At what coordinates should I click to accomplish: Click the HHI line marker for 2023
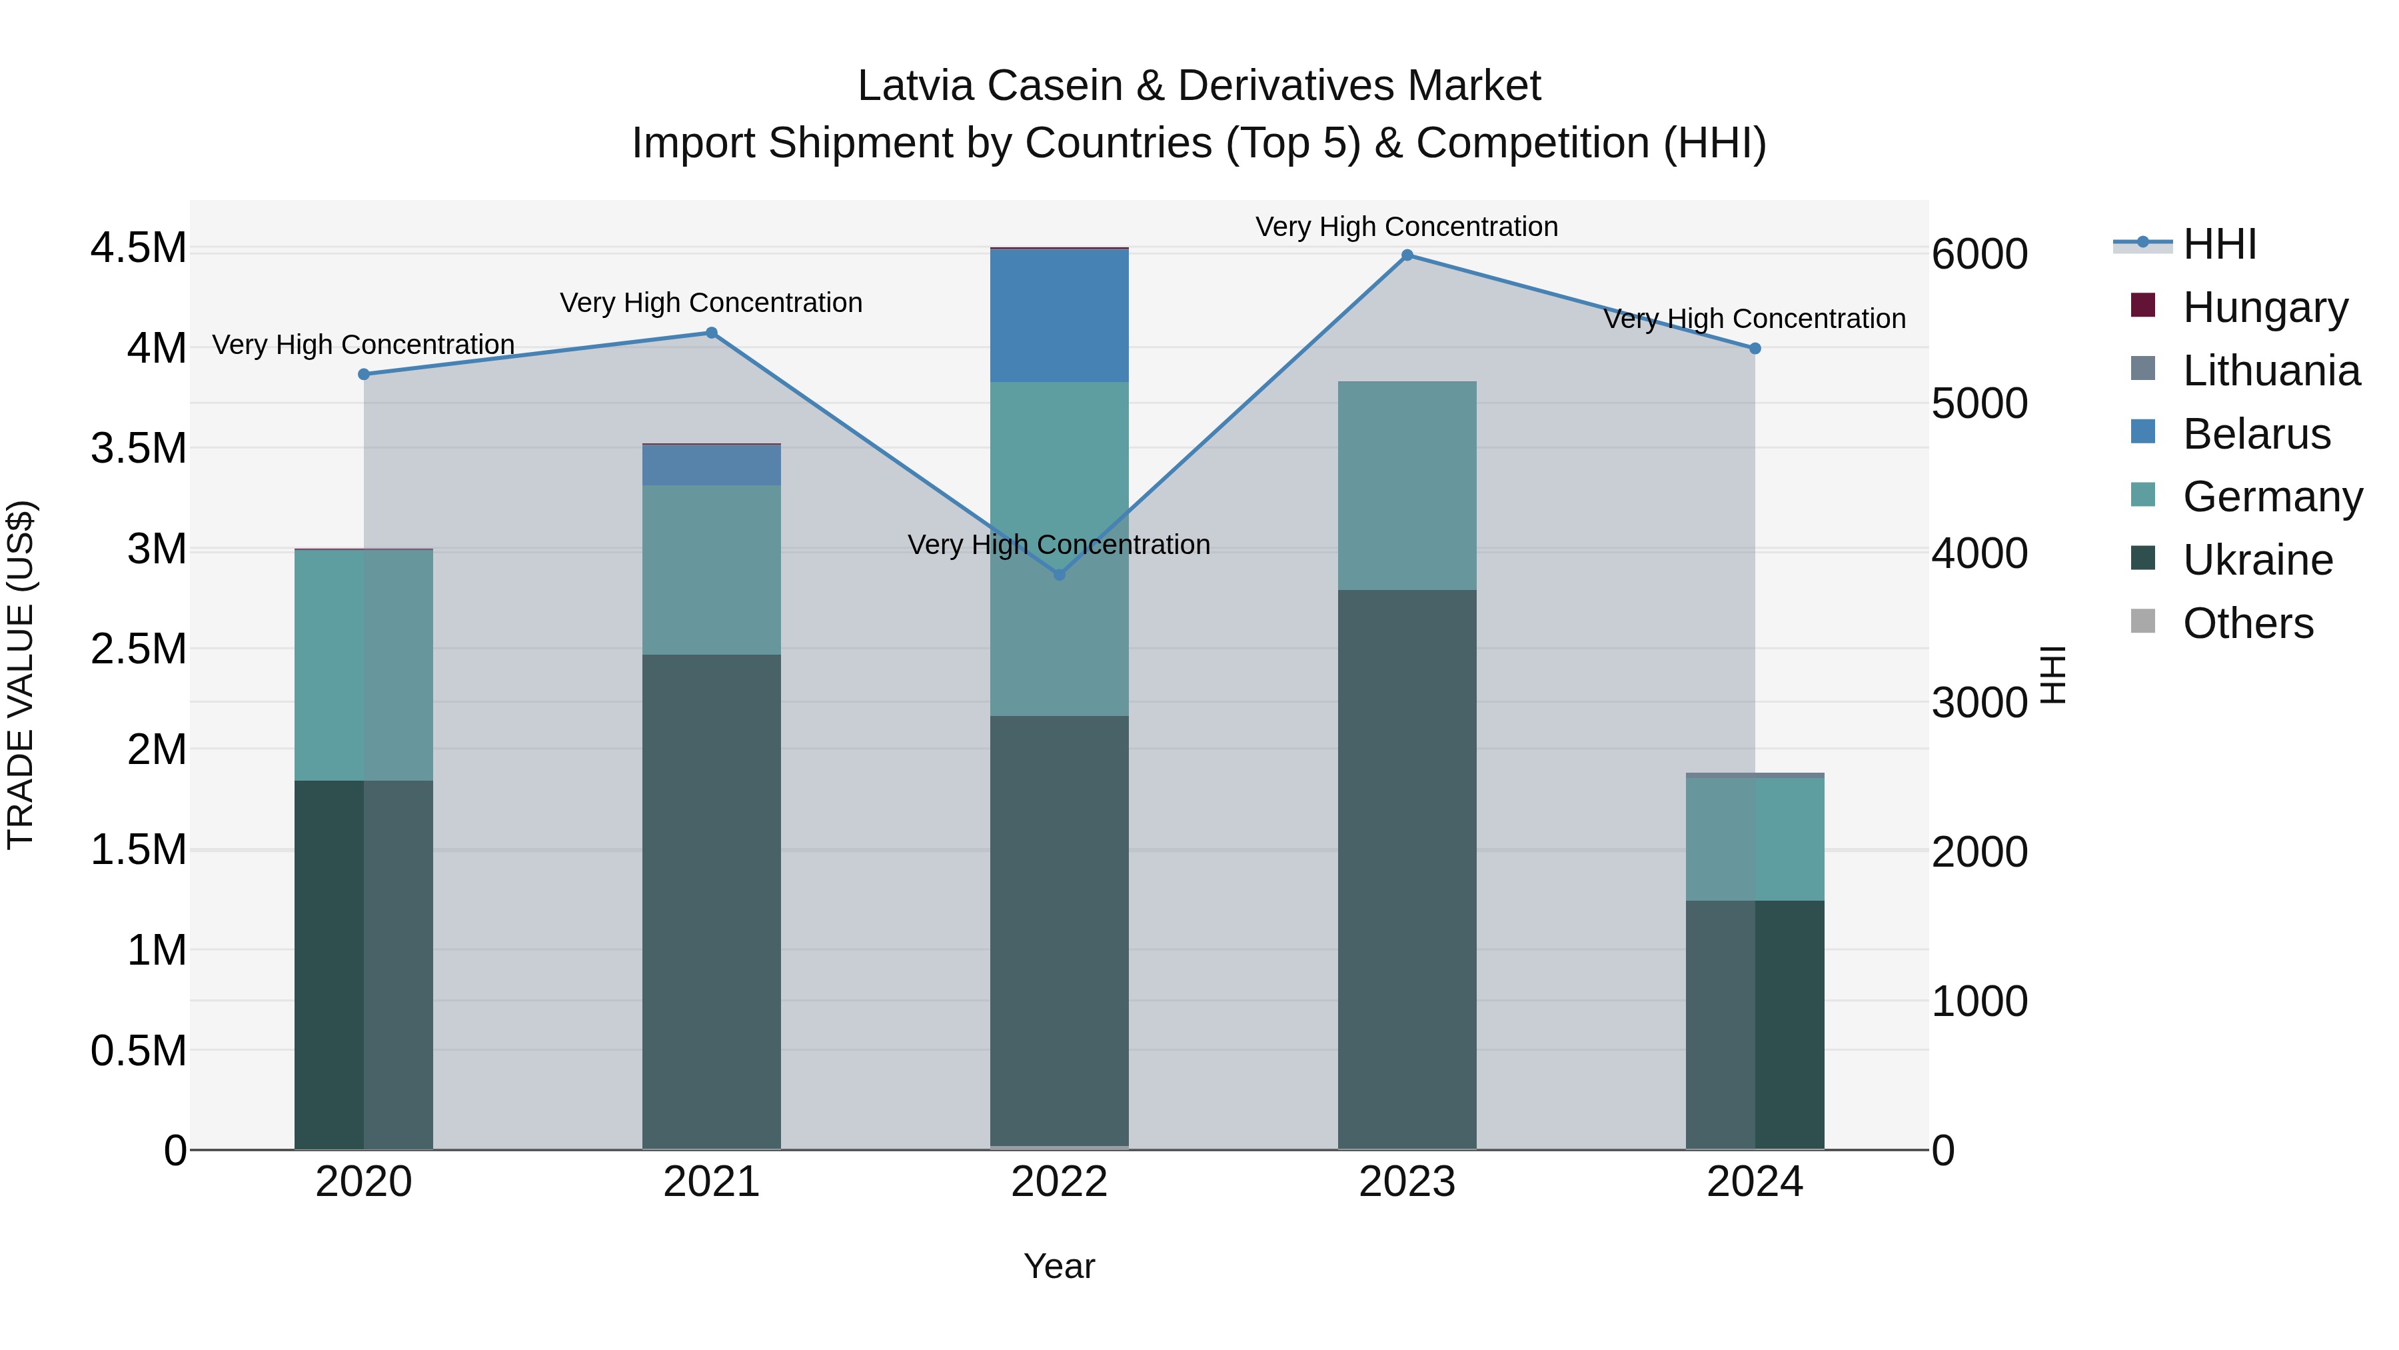click(1407, 255)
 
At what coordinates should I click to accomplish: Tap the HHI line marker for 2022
click(1059, 575)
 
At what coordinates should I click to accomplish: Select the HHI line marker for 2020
click(364, 375)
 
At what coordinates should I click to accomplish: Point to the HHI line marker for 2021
click(712, 333)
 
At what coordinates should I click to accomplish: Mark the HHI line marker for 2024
click(1755, 349)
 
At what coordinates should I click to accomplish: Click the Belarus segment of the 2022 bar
click(1059, 315)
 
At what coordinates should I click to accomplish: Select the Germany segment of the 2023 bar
click(1407, 485)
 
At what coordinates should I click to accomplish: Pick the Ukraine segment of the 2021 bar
click(712, 901)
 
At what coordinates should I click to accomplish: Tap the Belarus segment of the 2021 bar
click(712, 465)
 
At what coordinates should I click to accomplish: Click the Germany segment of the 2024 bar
click(1755, 839)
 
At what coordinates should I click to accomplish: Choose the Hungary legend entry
click(2265, 307)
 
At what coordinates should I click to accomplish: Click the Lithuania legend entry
click(2270, 370)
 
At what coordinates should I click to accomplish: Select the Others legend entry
click(2247, 623)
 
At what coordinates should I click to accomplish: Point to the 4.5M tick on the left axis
click(139, 248)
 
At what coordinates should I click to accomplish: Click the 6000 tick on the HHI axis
click(1980, 255)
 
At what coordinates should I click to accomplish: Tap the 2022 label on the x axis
click(1059, 1181)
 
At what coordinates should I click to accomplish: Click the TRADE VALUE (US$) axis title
click(21, 675)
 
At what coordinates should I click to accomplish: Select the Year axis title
click(1059, 1266)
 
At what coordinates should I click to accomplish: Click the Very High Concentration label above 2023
click(1406, 227)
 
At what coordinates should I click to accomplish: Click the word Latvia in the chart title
click(918, 86)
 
